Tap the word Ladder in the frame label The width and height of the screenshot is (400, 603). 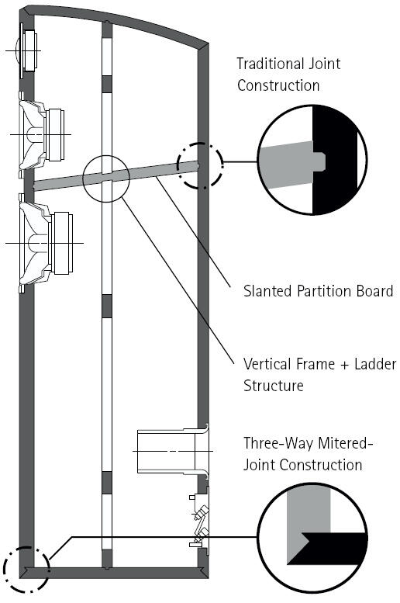click(375, 364)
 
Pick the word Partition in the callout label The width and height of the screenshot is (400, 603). click(324, 291)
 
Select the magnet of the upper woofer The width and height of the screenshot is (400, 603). click(55, 134)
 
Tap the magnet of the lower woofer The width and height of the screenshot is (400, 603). click(63, 243)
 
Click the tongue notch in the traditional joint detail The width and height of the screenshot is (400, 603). click(319, 161)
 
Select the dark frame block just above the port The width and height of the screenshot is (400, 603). click(106, 306)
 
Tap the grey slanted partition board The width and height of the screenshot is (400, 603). click(116, 175)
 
